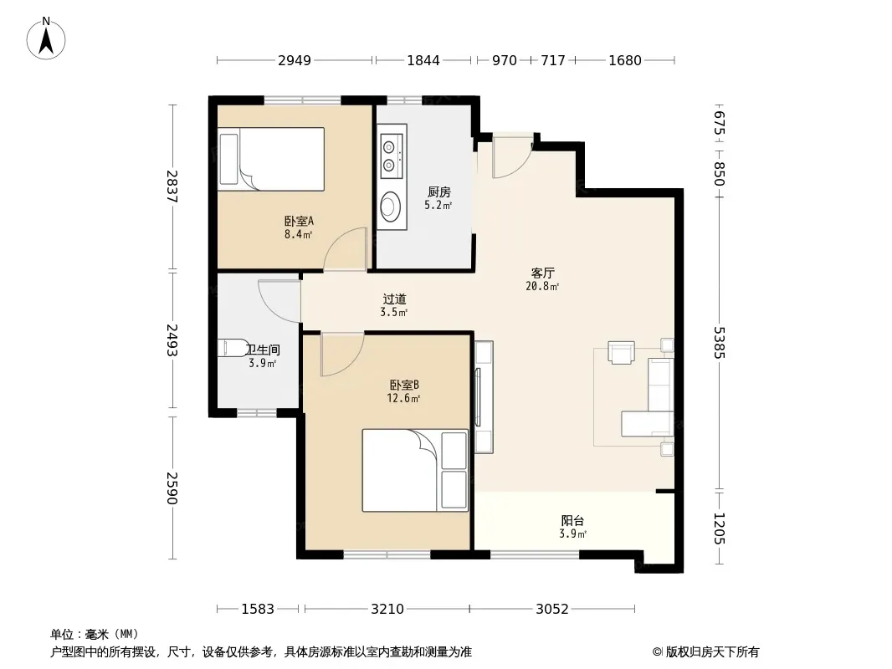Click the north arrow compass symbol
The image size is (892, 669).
(x=46, y=38)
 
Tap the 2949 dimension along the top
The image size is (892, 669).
(x=294, y=60)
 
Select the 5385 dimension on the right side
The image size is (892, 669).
(x=720, y=342)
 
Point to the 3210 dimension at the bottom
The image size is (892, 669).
(x=387, y=610)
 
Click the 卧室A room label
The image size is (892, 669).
(x=300, y=221)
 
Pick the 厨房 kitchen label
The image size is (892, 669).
(x=438, y=192)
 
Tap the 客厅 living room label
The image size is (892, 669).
(x=543, y=273)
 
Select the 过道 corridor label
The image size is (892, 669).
(x=394, y=299)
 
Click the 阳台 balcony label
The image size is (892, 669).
(x=572, y=521)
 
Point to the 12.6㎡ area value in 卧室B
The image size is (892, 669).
(x=403, y=398)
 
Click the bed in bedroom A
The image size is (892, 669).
(x=271, y=159)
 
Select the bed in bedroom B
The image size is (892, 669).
(x=415, y=470)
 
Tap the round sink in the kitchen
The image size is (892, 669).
(x=391, y=206)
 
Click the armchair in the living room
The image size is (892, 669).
(x=621, y=352)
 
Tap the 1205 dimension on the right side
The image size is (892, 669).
(x=720, y=528)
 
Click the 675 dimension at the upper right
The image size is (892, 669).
(x=720, y=123)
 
